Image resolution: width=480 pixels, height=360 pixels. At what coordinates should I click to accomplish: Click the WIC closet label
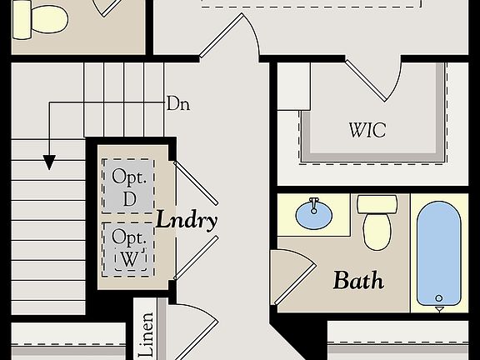point(367,131)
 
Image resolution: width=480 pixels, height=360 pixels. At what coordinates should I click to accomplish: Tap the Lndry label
point(187,221)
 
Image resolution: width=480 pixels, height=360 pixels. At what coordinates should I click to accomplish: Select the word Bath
point(358,280)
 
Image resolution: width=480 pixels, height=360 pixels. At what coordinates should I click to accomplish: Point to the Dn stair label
point(177,104)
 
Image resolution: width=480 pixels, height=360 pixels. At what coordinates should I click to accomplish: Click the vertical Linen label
point(147,335)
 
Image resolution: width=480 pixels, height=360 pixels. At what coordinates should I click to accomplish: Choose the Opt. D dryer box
point(128,187)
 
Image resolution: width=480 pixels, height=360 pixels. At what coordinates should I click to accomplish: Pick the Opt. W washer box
point(128,247)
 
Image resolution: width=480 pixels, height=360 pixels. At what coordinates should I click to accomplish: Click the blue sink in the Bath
point(315,217)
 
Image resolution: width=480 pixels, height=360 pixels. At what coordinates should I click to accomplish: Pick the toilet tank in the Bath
point(377,204)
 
